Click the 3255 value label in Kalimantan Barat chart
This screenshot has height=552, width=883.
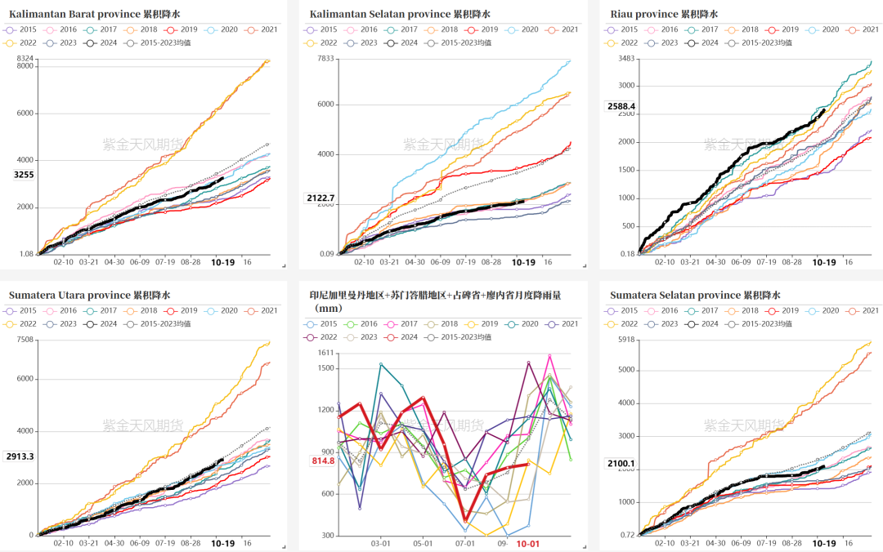[x=24, y=175]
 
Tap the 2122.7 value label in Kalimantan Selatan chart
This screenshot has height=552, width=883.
[x=320, y=198]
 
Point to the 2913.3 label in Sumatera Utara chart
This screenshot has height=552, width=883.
[x=20, y=456]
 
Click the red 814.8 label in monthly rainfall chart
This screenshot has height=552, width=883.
[x=323, y=461]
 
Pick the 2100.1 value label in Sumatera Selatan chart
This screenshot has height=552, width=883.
[x=621, y=463]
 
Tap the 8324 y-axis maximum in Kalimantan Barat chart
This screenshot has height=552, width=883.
[x=25, y=58]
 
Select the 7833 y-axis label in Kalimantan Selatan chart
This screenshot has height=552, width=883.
[x=325, y=58]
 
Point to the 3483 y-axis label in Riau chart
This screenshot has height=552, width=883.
[x=626, y=58]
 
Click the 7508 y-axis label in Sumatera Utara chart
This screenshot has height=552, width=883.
[x=25, y=339]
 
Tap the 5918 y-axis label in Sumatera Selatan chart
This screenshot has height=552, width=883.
[x=626, y=339]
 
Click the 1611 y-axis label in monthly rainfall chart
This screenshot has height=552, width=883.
[x=325, y=352]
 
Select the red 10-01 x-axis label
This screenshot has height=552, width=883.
[x=527, y=543]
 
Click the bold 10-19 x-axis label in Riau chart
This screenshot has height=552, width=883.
[x=824, y=262]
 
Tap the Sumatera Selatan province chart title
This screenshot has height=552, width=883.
[x=695, y=295]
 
